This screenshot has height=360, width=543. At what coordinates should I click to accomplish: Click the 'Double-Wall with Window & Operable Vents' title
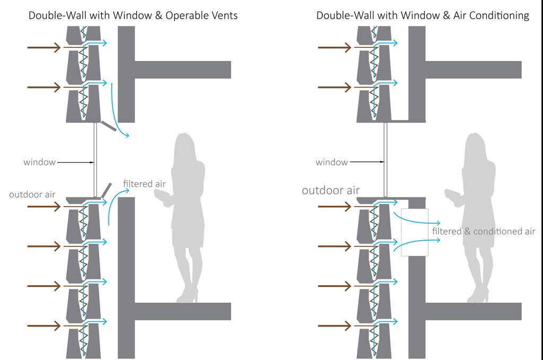click(133, 15)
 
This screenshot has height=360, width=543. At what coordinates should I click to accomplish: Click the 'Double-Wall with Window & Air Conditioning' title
click(423, 15)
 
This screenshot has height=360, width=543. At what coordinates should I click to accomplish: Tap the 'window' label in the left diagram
click(39, 162)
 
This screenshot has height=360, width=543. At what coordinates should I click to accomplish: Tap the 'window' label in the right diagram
click(331, 162)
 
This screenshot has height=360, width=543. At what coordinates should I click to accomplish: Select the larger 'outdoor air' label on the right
click(330, 190)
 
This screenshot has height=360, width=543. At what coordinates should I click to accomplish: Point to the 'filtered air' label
click(144, 184)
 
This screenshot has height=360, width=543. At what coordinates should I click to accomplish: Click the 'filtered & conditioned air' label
click(484, 231)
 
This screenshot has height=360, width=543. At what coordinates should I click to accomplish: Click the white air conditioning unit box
click(414, 233)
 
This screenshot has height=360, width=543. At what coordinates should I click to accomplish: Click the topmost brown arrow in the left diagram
click(45, 48)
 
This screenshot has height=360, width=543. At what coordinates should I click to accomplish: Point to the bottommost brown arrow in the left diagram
click(45, 325)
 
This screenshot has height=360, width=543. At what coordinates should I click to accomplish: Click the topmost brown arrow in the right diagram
click(335, 48)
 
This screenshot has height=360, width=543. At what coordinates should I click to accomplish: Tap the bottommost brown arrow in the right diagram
click(335, 325)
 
